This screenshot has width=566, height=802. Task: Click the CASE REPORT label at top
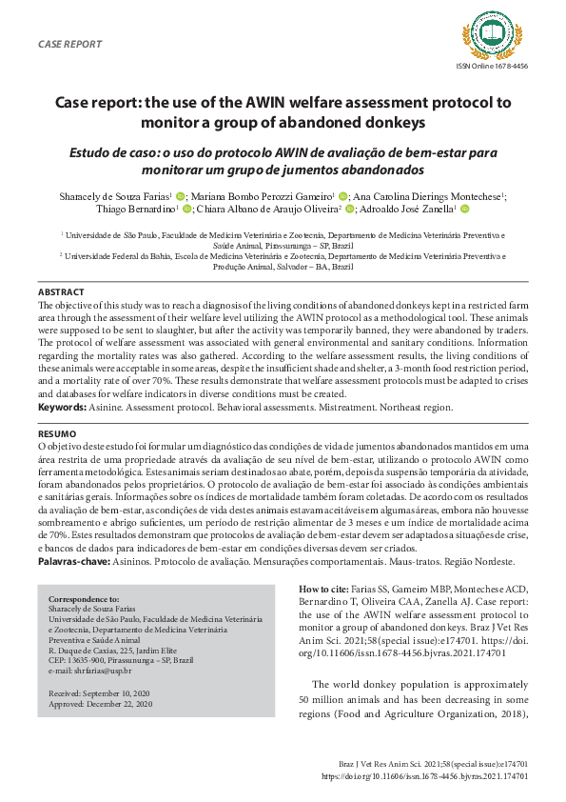(68, 45)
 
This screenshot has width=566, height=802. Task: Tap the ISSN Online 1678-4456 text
(493, 65)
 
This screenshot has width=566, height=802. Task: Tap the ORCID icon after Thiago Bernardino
(187, 209)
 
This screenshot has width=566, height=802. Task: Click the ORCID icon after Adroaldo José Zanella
(465, 209)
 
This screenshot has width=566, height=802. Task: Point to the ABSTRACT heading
(60, 291)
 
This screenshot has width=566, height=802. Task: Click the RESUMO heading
(56, 433)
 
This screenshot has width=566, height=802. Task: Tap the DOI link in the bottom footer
(425, 776)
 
